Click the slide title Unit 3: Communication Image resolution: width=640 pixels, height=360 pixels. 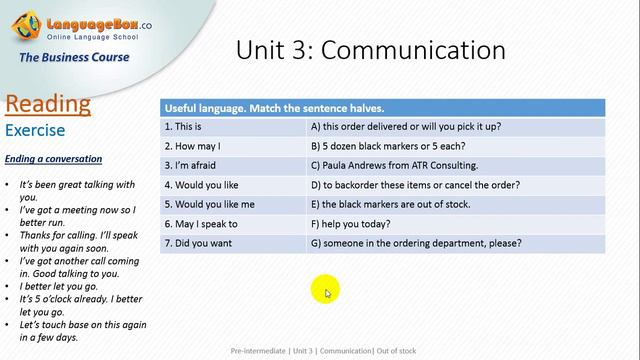click(370, 50)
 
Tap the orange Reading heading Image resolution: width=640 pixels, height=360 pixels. click(48, 105)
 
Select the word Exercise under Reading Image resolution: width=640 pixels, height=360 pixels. click(35, 130)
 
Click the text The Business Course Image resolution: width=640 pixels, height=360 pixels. click(74, 57)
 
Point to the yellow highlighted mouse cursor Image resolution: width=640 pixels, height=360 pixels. click(326, 291)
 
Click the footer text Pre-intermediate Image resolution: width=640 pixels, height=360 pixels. click(259, 351)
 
